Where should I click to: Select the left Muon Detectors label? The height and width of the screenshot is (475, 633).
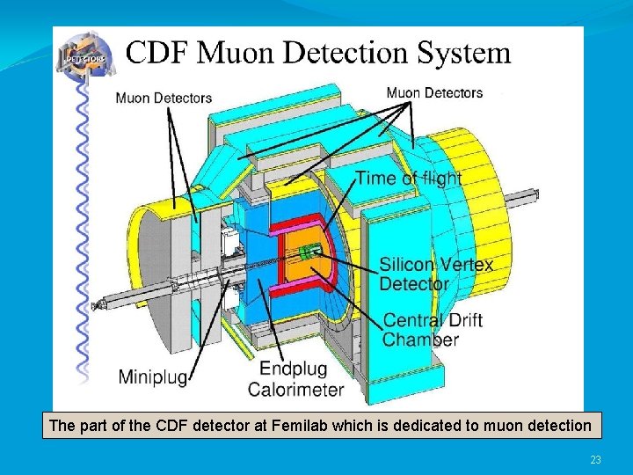(x=164, y=98)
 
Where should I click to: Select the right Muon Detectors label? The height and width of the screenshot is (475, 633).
(x=434, y=92)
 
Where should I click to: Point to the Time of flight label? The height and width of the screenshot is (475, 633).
(x=408, y=178)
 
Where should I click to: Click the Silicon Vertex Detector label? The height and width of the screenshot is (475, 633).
(x=436, y=274)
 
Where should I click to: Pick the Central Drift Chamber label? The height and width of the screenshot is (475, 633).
(x=433, y=330)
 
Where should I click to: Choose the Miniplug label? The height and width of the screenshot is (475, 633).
(x=152, y=377)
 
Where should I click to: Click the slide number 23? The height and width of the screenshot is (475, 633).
(x=595, y=460)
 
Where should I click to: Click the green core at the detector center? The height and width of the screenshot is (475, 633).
(x=307, y=253)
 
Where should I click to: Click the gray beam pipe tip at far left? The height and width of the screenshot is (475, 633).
(x=96, y=305)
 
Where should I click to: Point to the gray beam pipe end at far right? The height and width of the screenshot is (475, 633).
(x=534, y=195)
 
